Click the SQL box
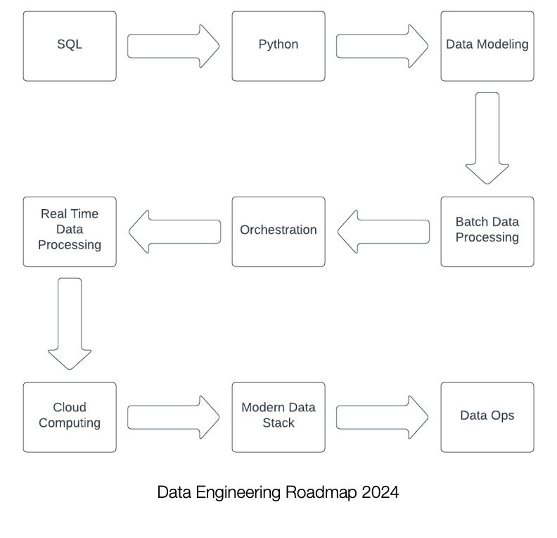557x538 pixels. (70, 46)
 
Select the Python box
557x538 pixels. (278, 46)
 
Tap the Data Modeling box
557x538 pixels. (487, 46)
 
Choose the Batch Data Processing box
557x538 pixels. (487, 231)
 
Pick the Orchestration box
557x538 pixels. (278, 231)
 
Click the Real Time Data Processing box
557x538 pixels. (70, 231)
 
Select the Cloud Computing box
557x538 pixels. (70, 417)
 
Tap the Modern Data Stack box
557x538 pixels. (278, 417)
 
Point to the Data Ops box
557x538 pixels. (487, 417)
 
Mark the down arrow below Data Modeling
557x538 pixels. (487, 138)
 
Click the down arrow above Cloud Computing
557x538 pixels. (70, 323)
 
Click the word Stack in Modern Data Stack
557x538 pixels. (278, 423)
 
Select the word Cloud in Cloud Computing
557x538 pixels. (70, 408)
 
